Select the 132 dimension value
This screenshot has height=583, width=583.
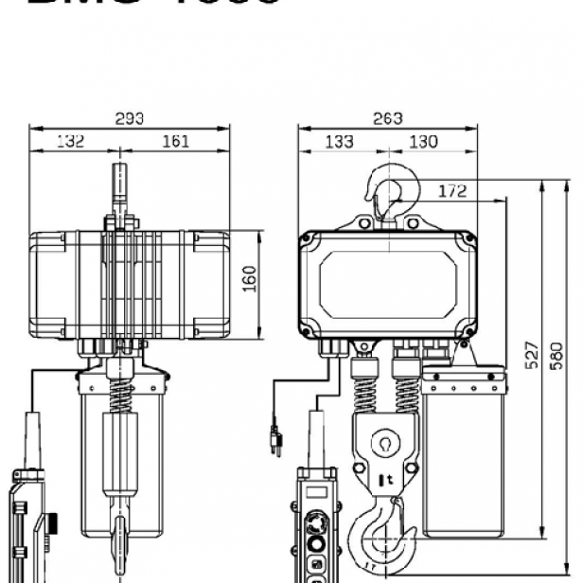[69, 141]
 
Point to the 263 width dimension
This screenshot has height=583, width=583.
[386, 118]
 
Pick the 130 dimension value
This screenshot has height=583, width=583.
[422, 141]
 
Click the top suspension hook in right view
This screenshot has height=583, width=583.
[388, 189]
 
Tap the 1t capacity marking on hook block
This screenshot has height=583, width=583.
[388, 481]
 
